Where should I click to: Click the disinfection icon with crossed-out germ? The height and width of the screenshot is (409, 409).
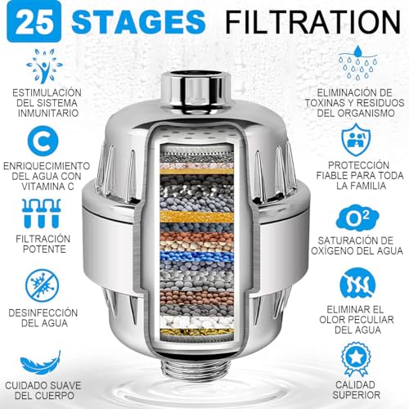40,284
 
